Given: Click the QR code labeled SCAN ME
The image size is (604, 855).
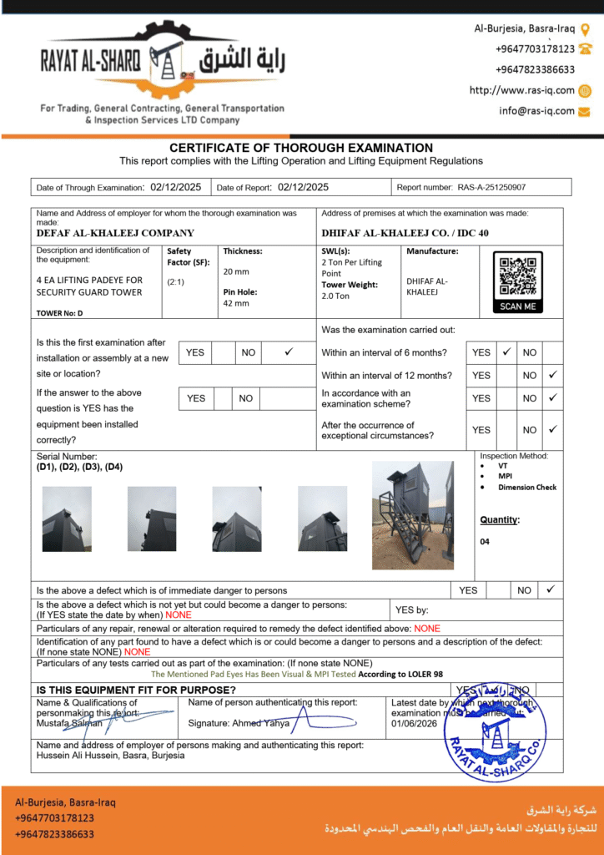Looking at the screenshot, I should pos(517,276).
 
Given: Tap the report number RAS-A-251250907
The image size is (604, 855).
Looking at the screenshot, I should pos(491,188).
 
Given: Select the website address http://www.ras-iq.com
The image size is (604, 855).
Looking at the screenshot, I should pos(521,90).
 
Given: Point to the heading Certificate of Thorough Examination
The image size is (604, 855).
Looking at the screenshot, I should pos(301,148).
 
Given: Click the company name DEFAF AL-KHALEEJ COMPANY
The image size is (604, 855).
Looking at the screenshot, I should pos(115,233).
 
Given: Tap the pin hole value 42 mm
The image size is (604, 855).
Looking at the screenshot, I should pos(236,303).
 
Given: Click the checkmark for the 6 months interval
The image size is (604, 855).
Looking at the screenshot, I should pos(506,352).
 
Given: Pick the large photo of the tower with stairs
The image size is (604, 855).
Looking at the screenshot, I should pos(412,515).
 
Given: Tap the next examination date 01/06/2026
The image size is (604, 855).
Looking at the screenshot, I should pos(415,724).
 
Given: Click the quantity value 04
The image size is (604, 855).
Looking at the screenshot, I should pos(486,542).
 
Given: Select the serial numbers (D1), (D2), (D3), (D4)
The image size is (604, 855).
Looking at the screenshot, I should pos(79,467).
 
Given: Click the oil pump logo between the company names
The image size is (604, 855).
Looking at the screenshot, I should pos(168,63).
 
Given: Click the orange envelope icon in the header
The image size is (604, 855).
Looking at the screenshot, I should pos(585,110).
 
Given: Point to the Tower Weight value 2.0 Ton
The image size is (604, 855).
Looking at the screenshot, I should pos(335,296).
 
